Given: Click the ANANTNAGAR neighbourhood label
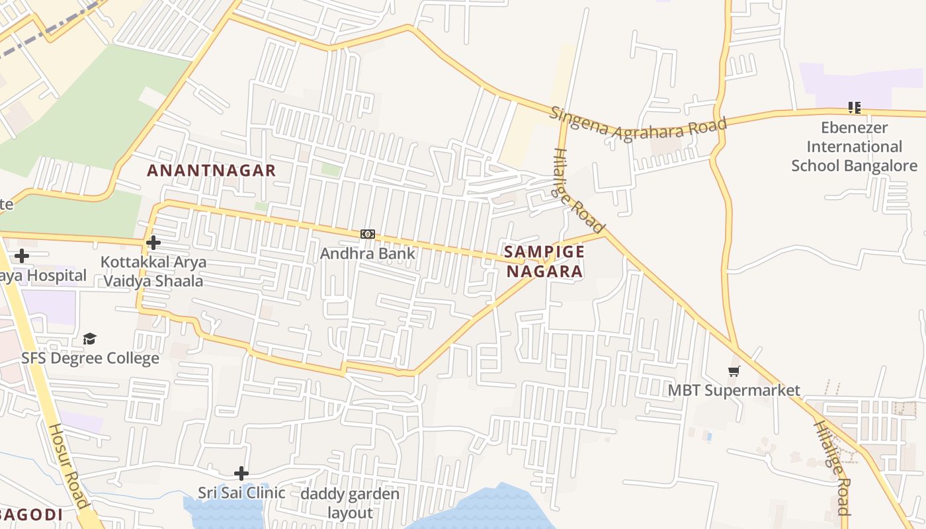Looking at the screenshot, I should click(211, 170).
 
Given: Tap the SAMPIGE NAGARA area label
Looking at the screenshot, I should click(544, 261).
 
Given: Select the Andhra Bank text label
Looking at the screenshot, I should click(368, 253).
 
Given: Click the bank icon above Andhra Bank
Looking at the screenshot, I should click(368, 234).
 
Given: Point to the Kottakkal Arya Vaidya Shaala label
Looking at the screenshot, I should click(153, 271).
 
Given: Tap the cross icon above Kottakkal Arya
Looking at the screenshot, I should click(153, 243).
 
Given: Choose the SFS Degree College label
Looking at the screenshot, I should click(91, 358).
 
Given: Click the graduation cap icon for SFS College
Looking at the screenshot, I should click(89, 339).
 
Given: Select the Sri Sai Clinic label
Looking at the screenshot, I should click(241, 493).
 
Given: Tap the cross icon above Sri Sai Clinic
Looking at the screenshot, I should click(241, 473).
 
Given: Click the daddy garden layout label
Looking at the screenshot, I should click(350, 503).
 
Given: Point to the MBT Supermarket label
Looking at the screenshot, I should click(734, 390).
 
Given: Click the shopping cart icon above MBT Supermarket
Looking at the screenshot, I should click(734, 371).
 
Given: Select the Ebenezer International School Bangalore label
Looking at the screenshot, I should click(854, 146).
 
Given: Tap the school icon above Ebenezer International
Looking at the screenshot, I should click(854, 107).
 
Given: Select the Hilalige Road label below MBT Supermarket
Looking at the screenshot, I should click(831, 467).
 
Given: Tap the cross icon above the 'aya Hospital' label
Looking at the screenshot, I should click(22, 255).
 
